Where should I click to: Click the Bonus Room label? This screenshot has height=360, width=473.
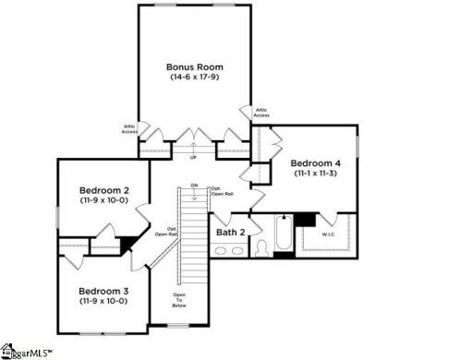click(195, 67)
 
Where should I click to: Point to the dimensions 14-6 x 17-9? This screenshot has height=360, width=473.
click(195, 78)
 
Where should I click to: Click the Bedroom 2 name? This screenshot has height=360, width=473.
click(103, 191)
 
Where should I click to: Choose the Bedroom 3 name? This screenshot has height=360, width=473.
click(103, 291)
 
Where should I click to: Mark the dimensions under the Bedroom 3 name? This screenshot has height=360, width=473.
click(103, 302)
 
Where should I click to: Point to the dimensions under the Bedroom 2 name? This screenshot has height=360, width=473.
click(103, 202)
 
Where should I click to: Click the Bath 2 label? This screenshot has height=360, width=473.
click(230, 232)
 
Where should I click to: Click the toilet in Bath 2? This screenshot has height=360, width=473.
click(260, 246)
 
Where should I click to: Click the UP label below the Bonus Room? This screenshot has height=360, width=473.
click(193, 157)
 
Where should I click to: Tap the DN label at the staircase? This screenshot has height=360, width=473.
click(194, 186)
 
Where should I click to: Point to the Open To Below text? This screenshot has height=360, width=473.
click(179, 300)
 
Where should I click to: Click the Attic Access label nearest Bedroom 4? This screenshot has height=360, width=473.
click(261, 113)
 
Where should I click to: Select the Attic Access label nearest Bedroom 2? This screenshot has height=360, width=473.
click(130, 129)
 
